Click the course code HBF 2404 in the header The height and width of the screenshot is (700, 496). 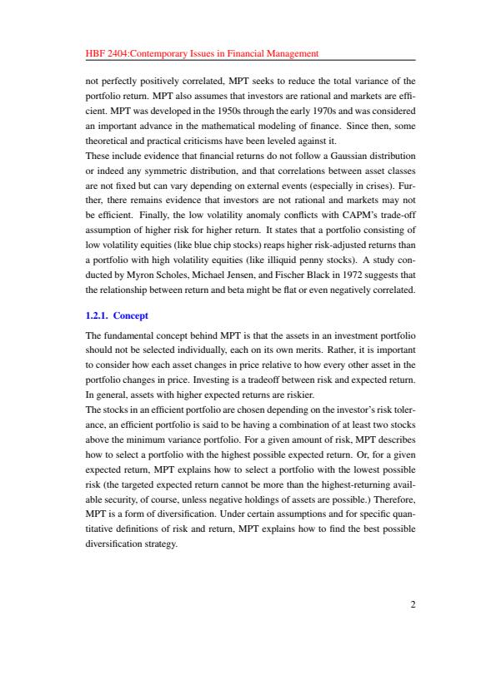point(105,53)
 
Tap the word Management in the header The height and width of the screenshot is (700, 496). point(289,53)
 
